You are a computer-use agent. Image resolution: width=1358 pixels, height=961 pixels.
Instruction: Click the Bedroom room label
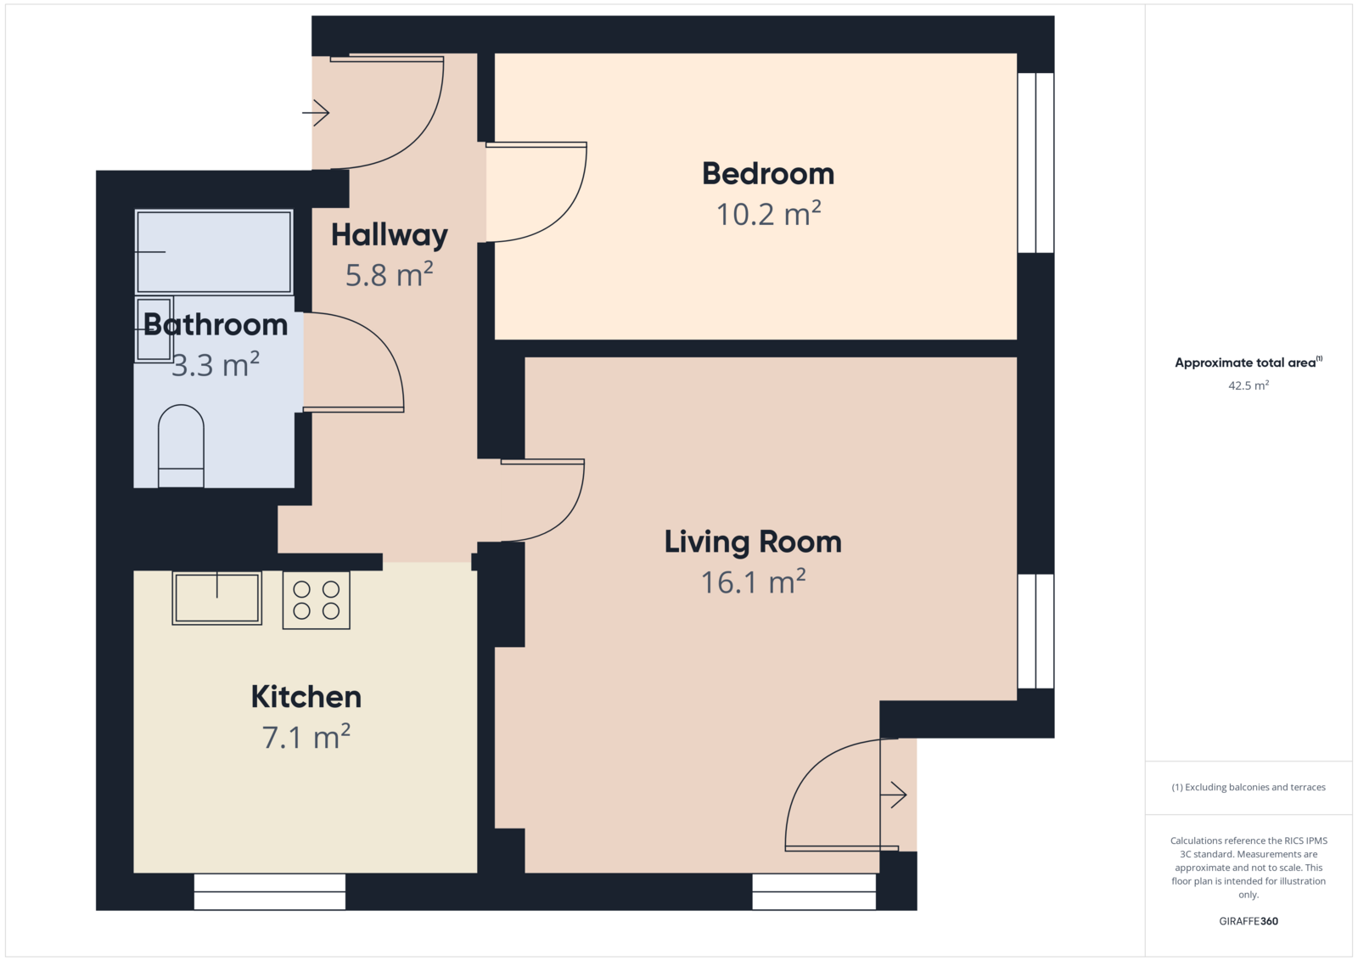768,174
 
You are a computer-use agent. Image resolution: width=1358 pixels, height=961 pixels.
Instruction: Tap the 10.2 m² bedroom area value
768,214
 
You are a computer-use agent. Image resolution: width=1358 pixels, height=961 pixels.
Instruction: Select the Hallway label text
390,235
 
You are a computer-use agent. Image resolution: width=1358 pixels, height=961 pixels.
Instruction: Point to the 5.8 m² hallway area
390,275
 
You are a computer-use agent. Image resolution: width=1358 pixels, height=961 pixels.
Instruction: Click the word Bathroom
216,325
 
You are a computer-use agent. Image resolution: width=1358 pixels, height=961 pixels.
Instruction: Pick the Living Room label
753,542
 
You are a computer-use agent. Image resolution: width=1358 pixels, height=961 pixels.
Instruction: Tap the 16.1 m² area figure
753,582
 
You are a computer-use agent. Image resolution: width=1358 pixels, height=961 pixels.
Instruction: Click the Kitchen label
306,697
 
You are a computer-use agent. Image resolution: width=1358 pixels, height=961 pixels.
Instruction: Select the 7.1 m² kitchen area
306,737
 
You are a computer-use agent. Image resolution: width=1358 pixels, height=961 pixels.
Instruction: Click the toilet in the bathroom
181,446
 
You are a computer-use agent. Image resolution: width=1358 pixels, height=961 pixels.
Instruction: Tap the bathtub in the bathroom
214,251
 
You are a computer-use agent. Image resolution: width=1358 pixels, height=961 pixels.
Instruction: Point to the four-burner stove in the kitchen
316,600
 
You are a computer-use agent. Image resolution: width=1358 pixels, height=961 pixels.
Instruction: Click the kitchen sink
217,599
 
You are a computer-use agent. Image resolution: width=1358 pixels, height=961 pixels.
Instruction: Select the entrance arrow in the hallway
316,112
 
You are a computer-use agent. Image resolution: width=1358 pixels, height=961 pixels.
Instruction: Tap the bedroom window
1035,162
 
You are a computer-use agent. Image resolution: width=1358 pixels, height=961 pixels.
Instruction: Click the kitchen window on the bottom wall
270,891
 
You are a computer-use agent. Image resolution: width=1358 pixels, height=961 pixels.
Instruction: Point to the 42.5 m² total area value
1249,385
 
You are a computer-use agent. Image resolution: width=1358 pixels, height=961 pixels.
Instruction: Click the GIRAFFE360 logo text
1249,921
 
